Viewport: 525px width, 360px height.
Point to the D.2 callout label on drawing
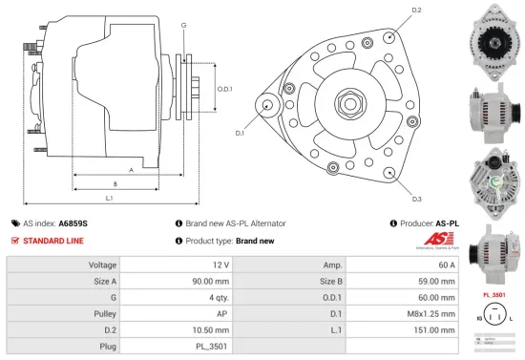coord(416,11)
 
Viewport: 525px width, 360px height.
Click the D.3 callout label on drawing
coord(417,199)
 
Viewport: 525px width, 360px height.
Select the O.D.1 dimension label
coord(224,89)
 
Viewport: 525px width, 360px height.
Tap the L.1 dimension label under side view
coord(110,197)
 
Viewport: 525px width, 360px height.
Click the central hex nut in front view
coord(345,102)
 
